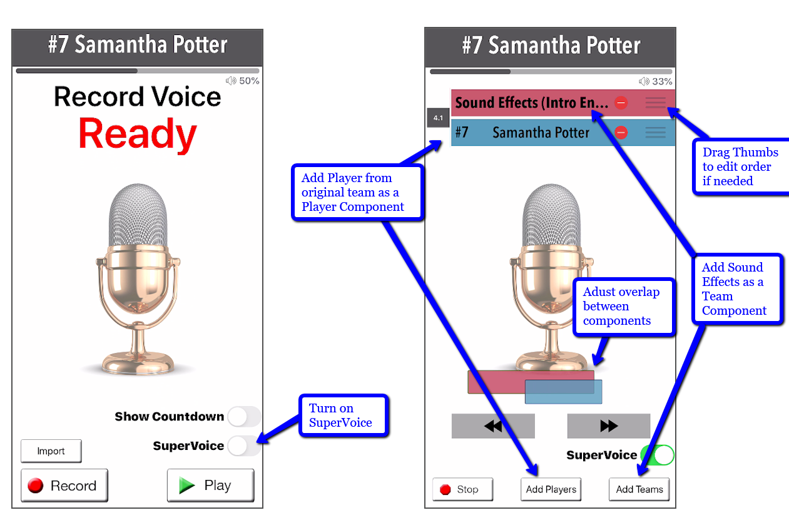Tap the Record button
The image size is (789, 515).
[x=64, y=486]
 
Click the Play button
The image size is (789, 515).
[x=210, y=486]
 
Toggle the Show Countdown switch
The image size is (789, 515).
[x=243, y=417]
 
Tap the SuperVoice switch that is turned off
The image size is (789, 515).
[x=243, y=446]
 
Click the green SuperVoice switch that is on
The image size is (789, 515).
[x=656, y=455]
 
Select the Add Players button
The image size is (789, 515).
[x=551, y=489]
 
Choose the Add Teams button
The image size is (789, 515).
[x=639, y=489]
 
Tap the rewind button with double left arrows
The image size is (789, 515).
[x=493, y=426]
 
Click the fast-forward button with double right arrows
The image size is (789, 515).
[x=608, y=426]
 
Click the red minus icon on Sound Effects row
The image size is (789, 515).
[x=621, y=103]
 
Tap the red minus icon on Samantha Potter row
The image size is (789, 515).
[x=621, y=133]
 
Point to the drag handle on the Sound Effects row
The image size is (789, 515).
[x=656, y=103]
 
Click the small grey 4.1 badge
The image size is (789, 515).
[x=438, y=118]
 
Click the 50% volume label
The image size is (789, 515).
[x=244, y=81]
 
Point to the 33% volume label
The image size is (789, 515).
[x=656, y=81]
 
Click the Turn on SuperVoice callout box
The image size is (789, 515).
[x=344, y=416]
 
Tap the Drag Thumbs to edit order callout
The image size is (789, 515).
[x=741, y=166]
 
